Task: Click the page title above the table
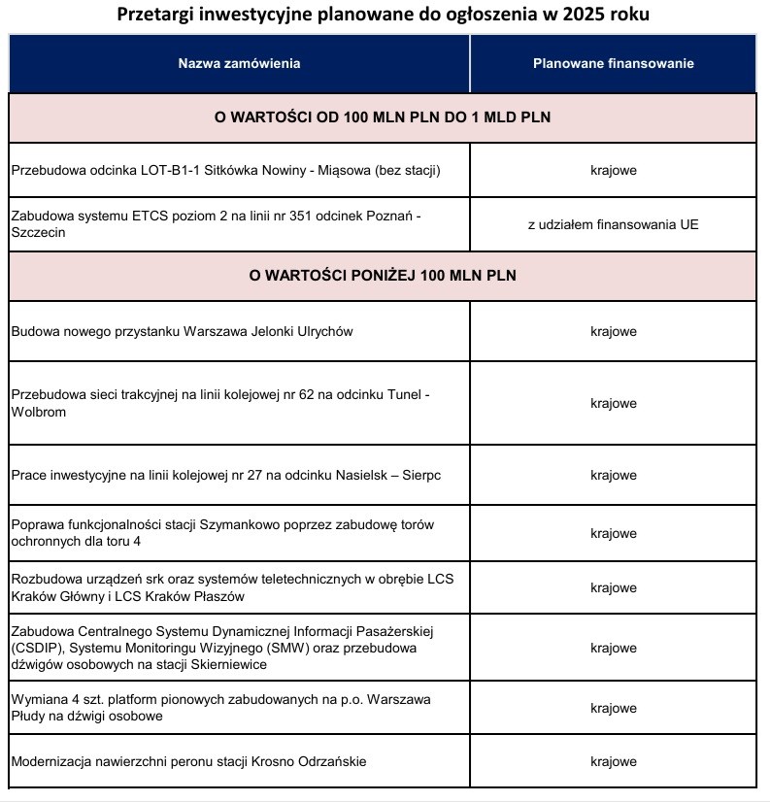(x=384, y=16)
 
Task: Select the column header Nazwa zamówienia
(x=239, y=64)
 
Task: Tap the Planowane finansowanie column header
(x=613, y=64)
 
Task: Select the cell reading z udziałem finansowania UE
(x=613, y=224)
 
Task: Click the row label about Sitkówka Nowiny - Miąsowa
(x=226, y=171)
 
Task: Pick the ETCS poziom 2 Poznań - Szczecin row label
(x=217, y=224)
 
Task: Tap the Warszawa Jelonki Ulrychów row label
(x=183, y=332)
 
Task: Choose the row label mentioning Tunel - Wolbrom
(x=219, y=403)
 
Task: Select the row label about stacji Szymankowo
(x=222, y=532)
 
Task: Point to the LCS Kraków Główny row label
(x=232, y=587)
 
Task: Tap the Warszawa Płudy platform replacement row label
(x=220, y=708)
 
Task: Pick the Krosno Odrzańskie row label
(x=189, y=762)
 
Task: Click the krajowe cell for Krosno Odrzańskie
(x=613, y=762)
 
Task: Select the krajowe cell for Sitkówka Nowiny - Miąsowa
(x=613, y=171)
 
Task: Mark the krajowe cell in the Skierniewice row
(x=613, y=649)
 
